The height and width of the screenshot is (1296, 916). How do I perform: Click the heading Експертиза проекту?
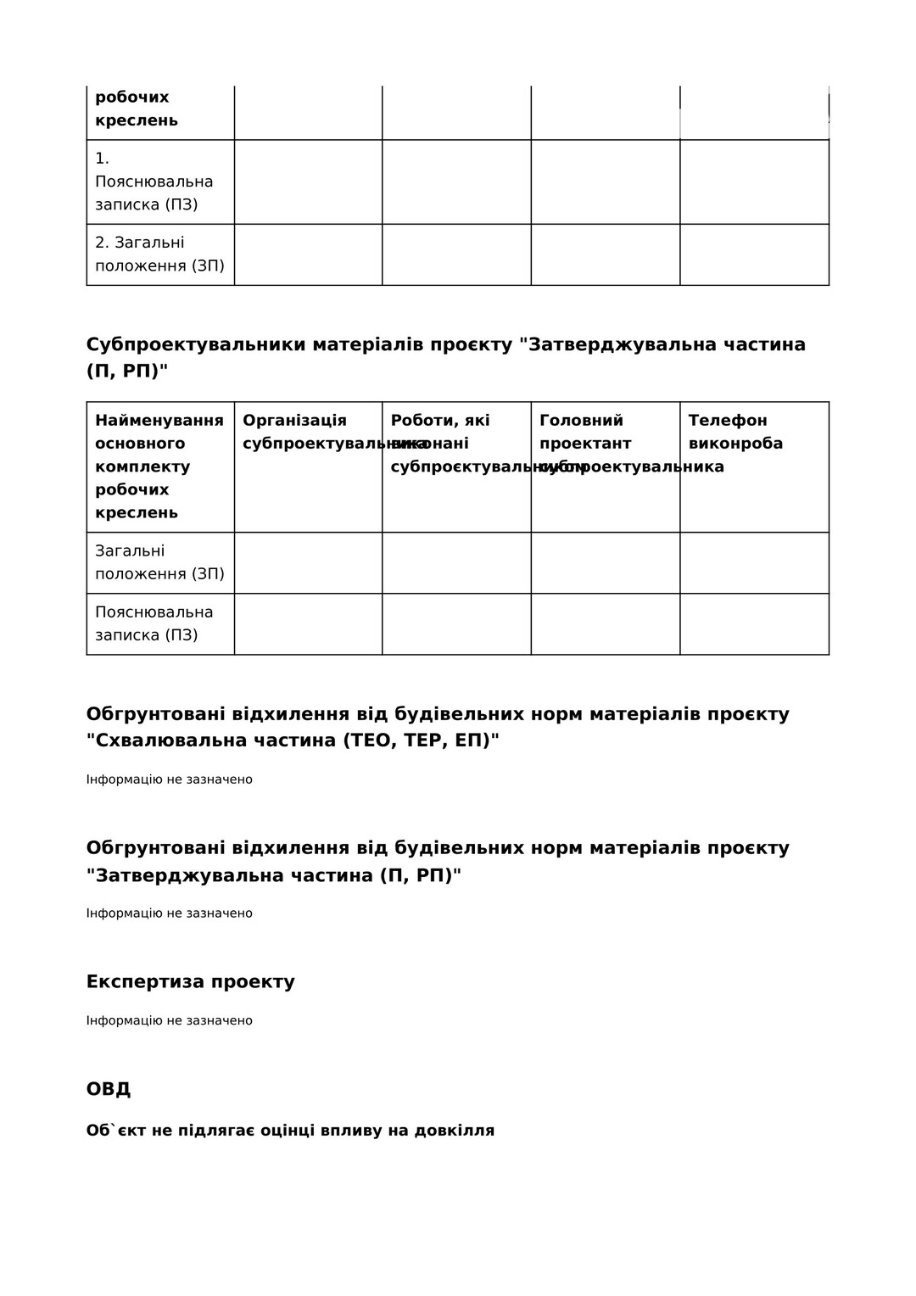tap(191, 982)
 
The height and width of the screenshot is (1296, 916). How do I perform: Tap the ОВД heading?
tap(109, 1089)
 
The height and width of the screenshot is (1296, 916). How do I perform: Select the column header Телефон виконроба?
tap(735, 432)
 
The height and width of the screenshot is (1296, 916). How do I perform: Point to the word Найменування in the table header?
tap(159, 421)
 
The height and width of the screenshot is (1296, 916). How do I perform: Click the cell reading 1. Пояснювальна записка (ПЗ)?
tap(154, 182)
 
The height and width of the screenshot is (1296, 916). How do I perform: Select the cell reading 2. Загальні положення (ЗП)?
tap(159, 254)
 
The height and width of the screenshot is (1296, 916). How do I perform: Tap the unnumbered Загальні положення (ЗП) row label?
tap(159, 562)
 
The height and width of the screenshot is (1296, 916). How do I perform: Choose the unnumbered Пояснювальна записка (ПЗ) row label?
tap(154, 623)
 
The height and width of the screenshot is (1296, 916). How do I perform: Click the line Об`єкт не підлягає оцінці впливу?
tap(290, 1131)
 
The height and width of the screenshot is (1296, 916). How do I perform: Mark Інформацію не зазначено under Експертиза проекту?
tap(170, 1020)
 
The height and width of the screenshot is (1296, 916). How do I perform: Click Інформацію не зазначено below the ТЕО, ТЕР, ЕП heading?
tap(170, 779)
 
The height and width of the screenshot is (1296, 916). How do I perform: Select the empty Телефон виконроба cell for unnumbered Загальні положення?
tap(754, 563)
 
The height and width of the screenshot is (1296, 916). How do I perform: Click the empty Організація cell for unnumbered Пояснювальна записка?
tap(308, 624)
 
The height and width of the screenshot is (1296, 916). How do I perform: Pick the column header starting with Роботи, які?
tap(440, 421)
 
